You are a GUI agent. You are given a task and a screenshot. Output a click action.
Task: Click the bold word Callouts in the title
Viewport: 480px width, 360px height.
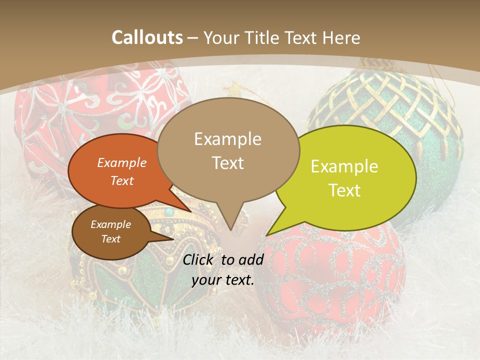tap(147, 37)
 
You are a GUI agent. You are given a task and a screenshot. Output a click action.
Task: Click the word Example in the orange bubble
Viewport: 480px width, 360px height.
tap(122, 163)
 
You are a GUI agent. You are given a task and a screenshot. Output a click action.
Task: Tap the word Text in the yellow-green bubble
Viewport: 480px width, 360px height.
tap(345, 190)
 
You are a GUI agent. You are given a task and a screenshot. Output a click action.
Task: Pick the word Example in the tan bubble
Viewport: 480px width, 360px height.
tap(228, 138)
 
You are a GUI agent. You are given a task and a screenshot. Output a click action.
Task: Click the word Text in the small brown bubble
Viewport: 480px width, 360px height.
tap(111, 239)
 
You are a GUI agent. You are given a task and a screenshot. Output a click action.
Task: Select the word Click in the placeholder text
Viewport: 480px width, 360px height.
tap(199, 259)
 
